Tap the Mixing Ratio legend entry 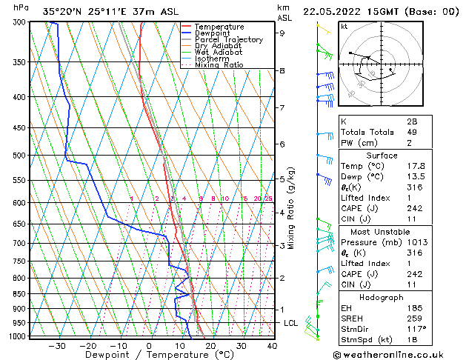(223, 64)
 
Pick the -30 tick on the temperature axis (57, 345)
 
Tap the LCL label (291, 323)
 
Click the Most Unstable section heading (382, 231)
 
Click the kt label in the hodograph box (344, 26)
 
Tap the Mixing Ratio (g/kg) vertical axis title (291, 208)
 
